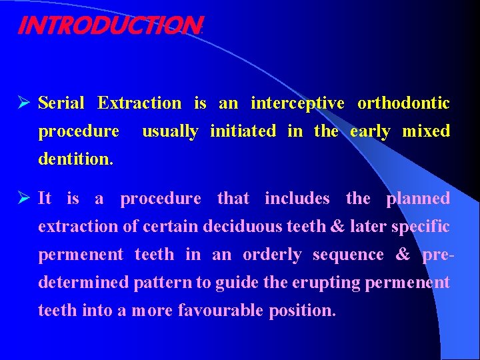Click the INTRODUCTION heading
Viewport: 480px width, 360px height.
108,25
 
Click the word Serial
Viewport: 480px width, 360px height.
61,103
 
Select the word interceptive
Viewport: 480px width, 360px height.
297,103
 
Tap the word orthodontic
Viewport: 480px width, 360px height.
403,103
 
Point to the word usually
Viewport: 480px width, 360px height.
170,132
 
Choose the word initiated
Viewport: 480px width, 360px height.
243,131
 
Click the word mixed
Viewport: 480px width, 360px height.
426,131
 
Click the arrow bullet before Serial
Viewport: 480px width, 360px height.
25,104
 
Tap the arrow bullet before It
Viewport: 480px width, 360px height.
25,199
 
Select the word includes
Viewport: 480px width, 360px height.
297,199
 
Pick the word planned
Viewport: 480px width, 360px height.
418,199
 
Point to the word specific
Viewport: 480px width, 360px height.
421,227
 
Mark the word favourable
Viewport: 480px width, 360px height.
220,311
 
